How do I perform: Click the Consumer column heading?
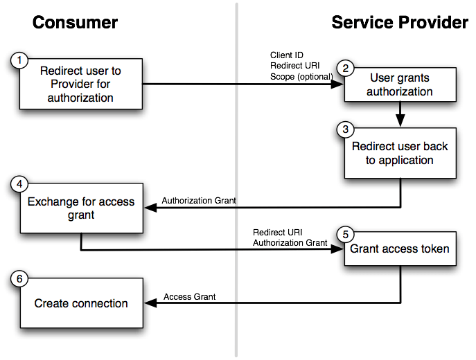pos(75,22)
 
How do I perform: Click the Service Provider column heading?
pos(400,22)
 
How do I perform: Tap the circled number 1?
pos(19,60)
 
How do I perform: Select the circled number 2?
pos(345,68)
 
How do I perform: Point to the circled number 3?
pos(345,129)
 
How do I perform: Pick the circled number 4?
pos(19,185)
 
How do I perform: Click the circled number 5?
pos(345,232)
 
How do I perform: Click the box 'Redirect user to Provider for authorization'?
pos(81,84)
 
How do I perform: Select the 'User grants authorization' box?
pos(400,84)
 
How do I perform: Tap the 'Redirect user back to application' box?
pos(400,153)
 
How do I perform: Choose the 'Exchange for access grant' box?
pos(81,208)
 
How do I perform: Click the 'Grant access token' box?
pos(400,249)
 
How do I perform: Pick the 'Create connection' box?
pos(81,303)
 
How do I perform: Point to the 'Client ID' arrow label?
pos(286,55)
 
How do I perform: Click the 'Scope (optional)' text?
pos(301,75)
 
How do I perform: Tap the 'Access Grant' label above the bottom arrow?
pos(189,296)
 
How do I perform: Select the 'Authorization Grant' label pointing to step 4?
pos(199,201)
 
